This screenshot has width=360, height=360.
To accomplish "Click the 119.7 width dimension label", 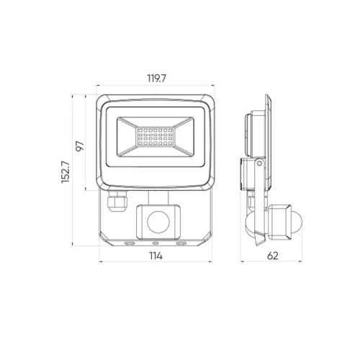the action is pyautogui.click(x=156, y=78).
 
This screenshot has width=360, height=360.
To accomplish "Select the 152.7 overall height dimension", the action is pyautogui.click(x=66, y=172).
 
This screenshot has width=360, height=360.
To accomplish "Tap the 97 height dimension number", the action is pyautogui.click(x=80, y=146).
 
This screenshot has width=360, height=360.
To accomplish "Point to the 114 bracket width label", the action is pyautogui.click(x=156, y=256).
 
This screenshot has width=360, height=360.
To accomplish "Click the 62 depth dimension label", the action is pyautogui.click(x=273, y=256).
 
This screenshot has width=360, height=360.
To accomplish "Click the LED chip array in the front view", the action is pyautogui.click(x=156, y=137).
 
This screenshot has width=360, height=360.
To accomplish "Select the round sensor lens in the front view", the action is pyautogui.click(x=158, y=222).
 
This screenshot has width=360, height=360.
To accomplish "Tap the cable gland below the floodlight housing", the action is pyautogui.click(x=117, y=201).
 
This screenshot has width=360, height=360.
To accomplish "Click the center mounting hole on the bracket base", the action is pyautogui.click(x=156, y=243).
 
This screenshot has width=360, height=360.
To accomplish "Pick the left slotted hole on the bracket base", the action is pyautogui.click(x=130, y=243).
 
